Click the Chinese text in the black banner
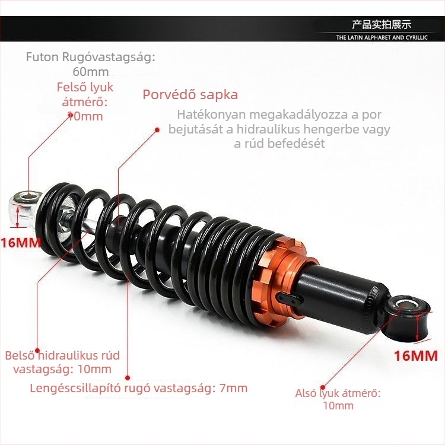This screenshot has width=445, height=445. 382,25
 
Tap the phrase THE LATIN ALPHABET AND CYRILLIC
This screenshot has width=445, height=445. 382,37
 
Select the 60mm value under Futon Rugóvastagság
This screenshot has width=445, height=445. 91,72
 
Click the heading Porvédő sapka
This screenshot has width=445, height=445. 190,94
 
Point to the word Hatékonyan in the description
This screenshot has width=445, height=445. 211,115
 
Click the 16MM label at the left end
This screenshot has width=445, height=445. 21,243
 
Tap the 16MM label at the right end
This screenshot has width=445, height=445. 416,356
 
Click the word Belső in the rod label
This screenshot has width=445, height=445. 20,355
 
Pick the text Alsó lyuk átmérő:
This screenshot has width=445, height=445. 338,393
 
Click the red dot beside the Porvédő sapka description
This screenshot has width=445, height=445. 157,130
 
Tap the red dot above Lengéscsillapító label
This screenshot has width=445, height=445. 128,378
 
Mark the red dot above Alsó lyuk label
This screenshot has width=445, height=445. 323,387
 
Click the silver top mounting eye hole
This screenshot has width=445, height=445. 28,196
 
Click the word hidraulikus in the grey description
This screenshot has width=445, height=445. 268,129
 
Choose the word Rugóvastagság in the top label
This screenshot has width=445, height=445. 109,57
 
